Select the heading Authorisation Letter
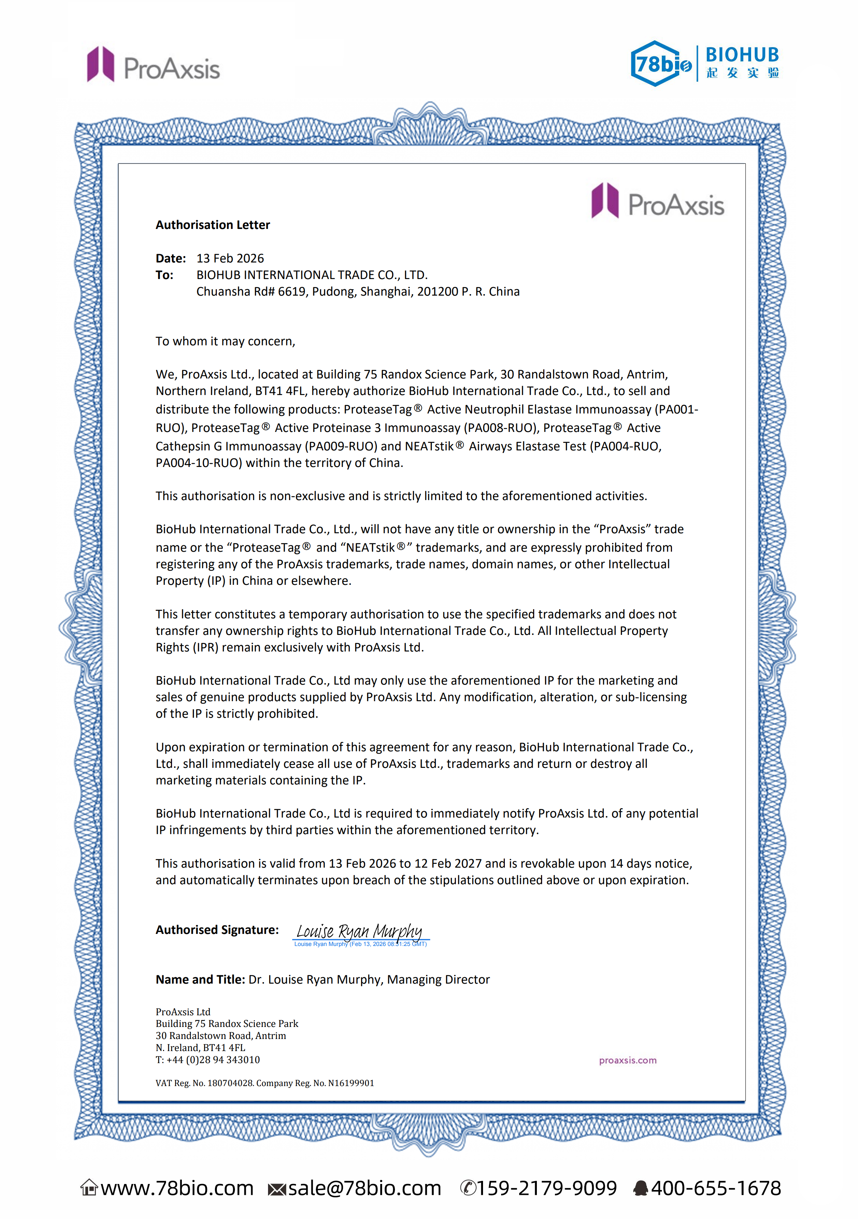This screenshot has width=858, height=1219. (x=212, y=225)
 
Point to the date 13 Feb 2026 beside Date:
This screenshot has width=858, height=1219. (x=230, y=259)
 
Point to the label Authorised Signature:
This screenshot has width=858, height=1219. (x=216, y=930)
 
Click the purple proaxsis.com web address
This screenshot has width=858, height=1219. (x=628, y=1060)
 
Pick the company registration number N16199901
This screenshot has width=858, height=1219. (x=351, y=1083)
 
